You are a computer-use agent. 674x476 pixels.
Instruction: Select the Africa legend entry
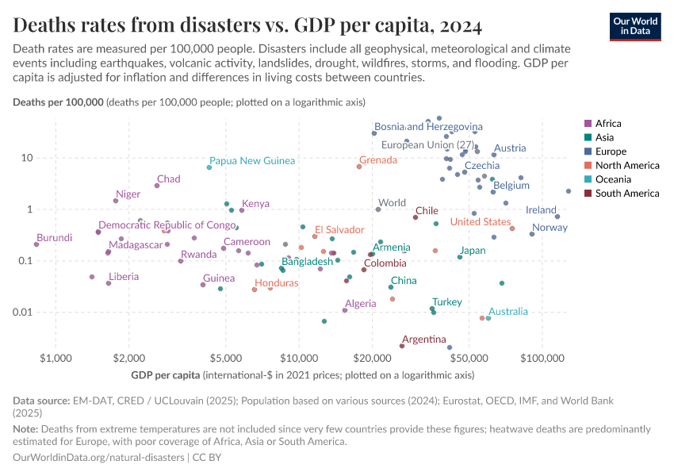[x=608, y=123]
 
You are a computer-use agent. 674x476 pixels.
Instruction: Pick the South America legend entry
[x=626, y=193]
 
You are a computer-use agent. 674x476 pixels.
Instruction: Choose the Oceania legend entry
[x=615, y=179]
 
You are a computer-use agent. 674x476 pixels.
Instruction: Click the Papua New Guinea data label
[x=252, y=161]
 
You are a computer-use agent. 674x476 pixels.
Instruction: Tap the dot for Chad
[x=157, y=186]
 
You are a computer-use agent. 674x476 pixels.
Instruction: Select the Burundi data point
[x=36, y=244]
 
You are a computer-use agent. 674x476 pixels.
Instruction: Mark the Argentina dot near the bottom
[x=402, y=346]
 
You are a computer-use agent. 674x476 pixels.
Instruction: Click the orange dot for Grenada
[x=359, y=167]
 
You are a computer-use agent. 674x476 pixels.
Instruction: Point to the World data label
[x=392, y=203]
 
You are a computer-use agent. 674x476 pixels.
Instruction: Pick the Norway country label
[x=550, y=228]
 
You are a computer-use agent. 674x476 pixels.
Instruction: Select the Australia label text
[x=507, y=312]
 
